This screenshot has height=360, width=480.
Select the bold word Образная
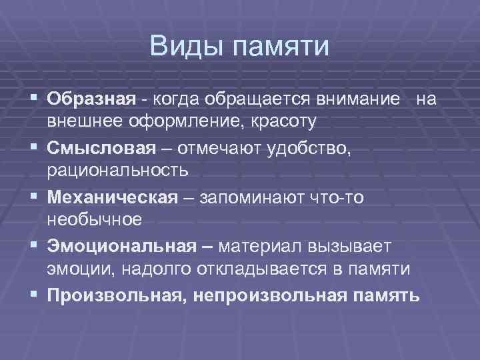click(x=91, y=100)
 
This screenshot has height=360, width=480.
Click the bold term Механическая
click(x=112, y=197)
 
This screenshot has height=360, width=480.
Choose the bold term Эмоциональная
click(x=122, y=247)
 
